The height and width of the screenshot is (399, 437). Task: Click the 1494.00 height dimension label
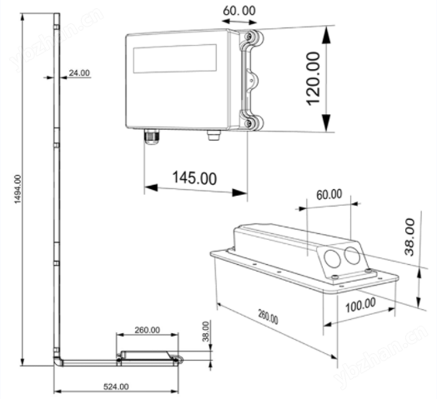pyautogui.click(x=18, y=189)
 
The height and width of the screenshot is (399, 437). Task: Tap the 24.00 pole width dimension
pyautogui.click(x=79, y=73)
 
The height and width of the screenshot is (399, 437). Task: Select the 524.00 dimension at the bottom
pyautogui.click(x=116, y=387)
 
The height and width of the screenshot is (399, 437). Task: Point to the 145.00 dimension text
pyautogui.click(x=194, y=177)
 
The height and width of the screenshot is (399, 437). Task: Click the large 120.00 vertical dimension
pyautogui.click(x=314, y=79)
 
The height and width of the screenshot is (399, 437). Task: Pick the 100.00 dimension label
pyautogui.click(x=360, y=305)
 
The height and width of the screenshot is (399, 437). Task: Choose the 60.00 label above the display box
pyautogui.click(x=239, y=11)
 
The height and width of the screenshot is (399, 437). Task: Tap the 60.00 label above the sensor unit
pyautogui.click(x=329, y=194)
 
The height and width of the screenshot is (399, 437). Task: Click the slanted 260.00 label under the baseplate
pyautogui.click(x=268, y=317)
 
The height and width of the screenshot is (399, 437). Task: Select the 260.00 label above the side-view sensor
pyautogui.click(x=147, y=330)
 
